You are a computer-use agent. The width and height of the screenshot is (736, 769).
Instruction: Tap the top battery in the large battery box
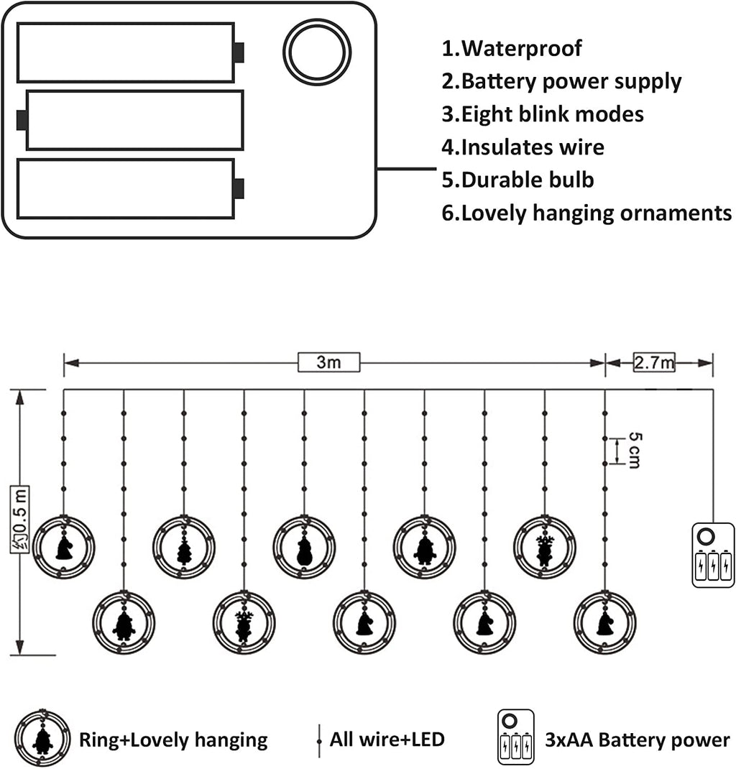coord(130,52)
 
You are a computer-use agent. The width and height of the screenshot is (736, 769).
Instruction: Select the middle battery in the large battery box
coord(130,120)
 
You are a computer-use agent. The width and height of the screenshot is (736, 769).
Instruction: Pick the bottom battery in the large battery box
coord(130,188)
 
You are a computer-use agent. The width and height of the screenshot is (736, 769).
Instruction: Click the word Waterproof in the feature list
coord(522,48)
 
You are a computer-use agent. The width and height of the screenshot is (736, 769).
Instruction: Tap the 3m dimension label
coord(328,362)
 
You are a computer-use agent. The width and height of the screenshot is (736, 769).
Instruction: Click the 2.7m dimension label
coord(654,362)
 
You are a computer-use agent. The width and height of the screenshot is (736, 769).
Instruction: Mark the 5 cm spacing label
coord(635,451)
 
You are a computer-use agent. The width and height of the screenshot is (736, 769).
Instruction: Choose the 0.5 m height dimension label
coord(19,520)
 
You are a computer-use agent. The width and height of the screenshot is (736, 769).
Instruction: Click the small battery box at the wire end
coord(713,555)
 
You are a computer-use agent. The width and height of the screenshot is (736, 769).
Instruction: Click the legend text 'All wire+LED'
coord(387,739)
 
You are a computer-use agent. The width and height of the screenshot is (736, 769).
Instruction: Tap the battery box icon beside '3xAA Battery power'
coord(515,737)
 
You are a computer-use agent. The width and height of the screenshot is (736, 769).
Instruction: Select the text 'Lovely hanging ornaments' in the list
coord(597,213)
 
